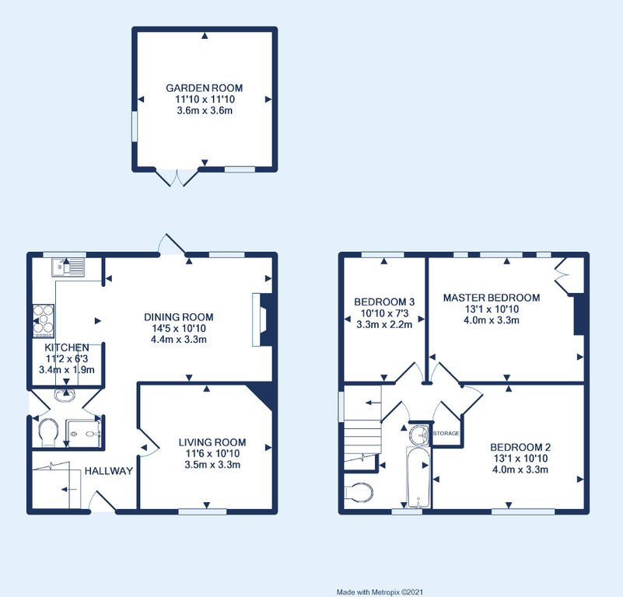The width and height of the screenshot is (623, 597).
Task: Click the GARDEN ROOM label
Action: click(x=205, y=88)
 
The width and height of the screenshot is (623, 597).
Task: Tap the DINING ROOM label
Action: click(x=178, y=317)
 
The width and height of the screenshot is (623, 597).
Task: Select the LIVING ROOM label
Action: click(x=212, y=442)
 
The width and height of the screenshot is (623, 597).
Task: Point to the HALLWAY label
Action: click(x=108, y=471)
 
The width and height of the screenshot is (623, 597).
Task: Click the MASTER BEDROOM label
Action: click(x=492, y=298)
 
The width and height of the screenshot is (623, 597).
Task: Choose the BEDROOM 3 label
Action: click(x=384, y=302)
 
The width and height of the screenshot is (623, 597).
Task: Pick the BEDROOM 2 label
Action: click(x=520, y=447)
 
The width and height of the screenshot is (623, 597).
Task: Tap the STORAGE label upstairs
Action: click(x=446, y=433)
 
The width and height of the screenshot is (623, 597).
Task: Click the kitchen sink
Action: click(x=68, y=267)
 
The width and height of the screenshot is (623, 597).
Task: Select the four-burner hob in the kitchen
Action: click(x=44, y=321)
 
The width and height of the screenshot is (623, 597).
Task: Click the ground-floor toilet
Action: click(x=49, y=432)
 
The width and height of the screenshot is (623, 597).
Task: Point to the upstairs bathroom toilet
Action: click(x=359, y=494)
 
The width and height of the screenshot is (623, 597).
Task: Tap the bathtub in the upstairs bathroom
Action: click(x=418, y=477)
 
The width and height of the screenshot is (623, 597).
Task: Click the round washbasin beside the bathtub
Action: click(x=419, y=434)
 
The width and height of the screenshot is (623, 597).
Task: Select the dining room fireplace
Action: click(x=262, y=319)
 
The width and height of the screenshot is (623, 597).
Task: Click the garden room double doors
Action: click(x=176, y=177)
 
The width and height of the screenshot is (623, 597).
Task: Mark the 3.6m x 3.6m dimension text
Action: click(x=205, y=110)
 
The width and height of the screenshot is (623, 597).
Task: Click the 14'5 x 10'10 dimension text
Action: click(x=178, y=329)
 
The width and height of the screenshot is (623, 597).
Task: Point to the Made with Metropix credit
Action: click(x=380, y=592)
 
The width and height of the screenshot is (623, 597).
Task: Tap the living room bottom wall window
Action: click(x=202, y=511)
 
